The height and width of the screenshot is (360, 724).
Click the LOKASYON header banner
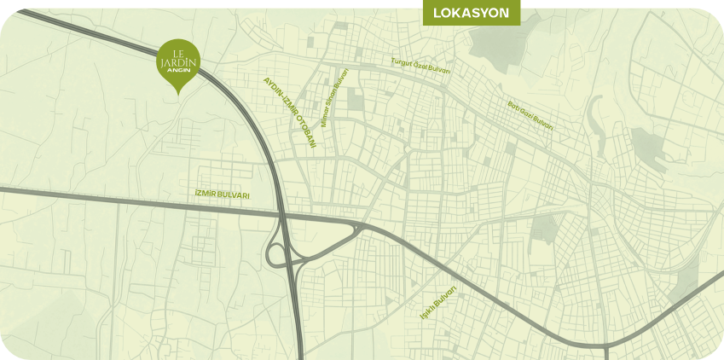[471, 13]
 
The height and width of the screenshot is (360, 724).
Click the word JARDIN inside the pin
[179, 61]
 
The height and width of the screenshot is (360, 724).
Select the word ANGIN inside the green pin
[179, 69]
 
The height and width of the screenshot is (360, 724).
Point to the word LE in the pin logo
[179, 52]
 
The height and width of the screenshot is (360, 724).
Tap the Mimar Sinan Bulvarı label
[335, 97]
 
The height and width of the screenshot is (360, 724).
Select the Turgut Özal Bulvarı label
[420, 65]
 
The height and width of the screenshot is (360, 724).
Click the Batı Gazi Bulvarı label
[530, 115]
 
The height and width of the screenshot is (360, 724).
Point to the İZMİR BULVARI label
[222, 195]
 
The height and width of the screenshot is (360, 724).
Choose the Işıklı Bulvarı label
[438, 305]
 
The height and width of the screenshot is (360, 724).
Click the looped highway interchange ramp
[277, 254]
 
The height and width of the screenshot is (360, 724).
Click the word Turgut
[400, 62]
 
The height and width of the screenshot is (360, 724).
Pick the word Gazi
[528, 114]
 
